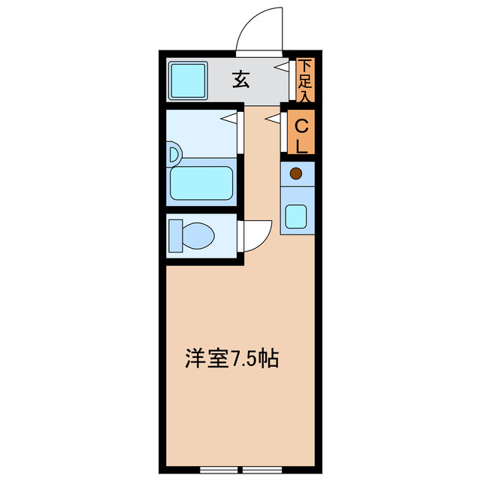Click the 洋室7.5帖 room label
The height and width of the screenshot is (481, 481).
pyautogui.click(x=231, y=358)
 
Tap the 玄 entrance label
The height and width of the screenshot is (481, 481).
pyautogui.click(x=240, y=80)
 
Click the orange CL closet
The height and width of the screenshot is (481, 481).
pyautogui.click(x=301, y=134)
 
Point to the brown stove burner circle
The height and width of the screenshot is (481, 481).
pyautogui.click(x=296, y=174)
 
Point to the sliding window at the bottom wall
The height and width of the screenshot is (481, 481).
pyautogui.click(x=240, y=470)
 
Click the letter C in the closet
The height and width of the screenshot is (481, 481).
pyautogui.click(x=301, y=125)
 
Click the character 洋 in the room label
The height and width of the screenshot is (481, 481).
pyautogui.click(x=194, y=358)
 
